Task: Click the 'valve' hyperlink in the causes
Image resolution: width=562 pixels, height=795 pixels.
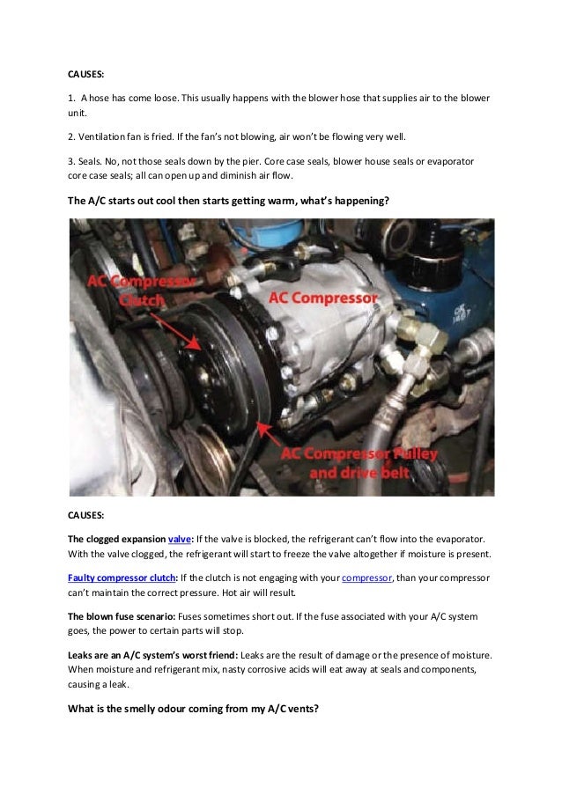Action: (x=180, y=539)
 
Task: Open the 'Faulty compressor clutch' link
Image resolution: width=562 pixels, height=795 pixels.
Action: (x=122, y=578)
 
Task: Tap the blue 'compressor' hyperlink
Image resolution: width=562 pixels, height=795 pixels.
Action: (x=366, y=578)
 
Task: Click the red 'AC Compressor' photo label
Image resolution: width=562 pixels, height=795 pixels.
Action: (x=323, y=298)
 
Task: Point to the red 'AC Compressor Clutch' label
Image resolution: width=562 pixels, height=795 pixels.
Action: (x=141, y=291)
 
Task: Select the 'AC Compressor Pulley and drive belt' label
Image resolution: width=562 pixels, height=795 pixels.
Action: (x=359, y=463)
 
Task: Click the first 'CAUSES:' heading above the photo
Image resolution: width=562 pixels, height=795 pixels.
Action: (x=85, y=74)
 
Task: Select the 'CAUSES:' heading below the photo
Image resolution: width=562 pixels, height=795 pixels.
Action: (x=85, y=515)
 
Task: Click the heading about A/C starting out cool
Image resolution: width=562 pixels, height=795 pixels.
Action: (x=228, y=201)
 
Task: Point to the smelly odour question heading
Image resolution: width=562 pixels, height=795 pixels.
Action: (x=193, y=709)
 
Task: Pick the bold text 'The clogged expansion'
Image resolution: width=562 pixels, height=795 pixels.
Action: (x=116, y=539)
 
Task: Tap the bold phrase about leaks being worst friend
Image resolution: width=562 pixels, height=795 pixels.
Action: (x=152, y=655)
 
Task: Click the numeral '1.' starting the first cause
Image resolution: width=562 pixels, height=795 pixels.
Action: (x=71, y=98)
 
